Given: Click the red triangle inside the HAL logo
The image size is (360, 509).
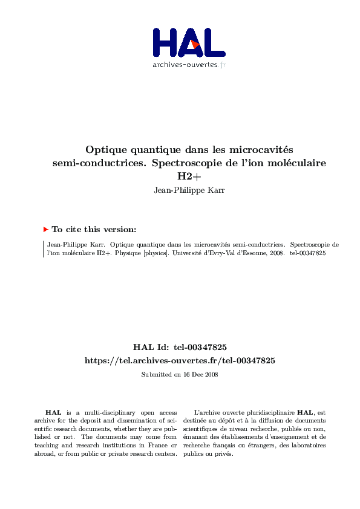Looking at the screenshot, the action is click(x=194, y=44).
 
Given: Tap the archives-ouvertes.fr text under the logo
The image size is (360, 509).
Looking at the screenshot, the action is click(x=189, y=65).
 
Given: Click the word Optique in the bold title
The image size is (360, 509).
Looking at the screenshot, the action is click(x=103, y=149).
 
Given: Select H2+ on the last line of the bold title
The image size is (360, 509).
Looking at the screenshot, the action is click(x=188, y=177).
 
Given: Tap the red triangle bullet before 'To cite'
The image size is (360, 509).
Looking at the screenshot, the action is click(x=45, y=230).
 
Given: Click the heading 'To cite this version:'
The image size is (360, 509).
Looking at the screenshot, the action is click(x=94, y=230).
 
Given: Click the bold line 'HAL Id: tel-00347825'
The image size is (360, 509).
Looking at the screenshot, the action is click(x=180, y=347).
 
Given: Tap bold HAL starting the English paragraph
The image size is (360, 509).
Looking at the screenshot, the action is click(x=53, y=412).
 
